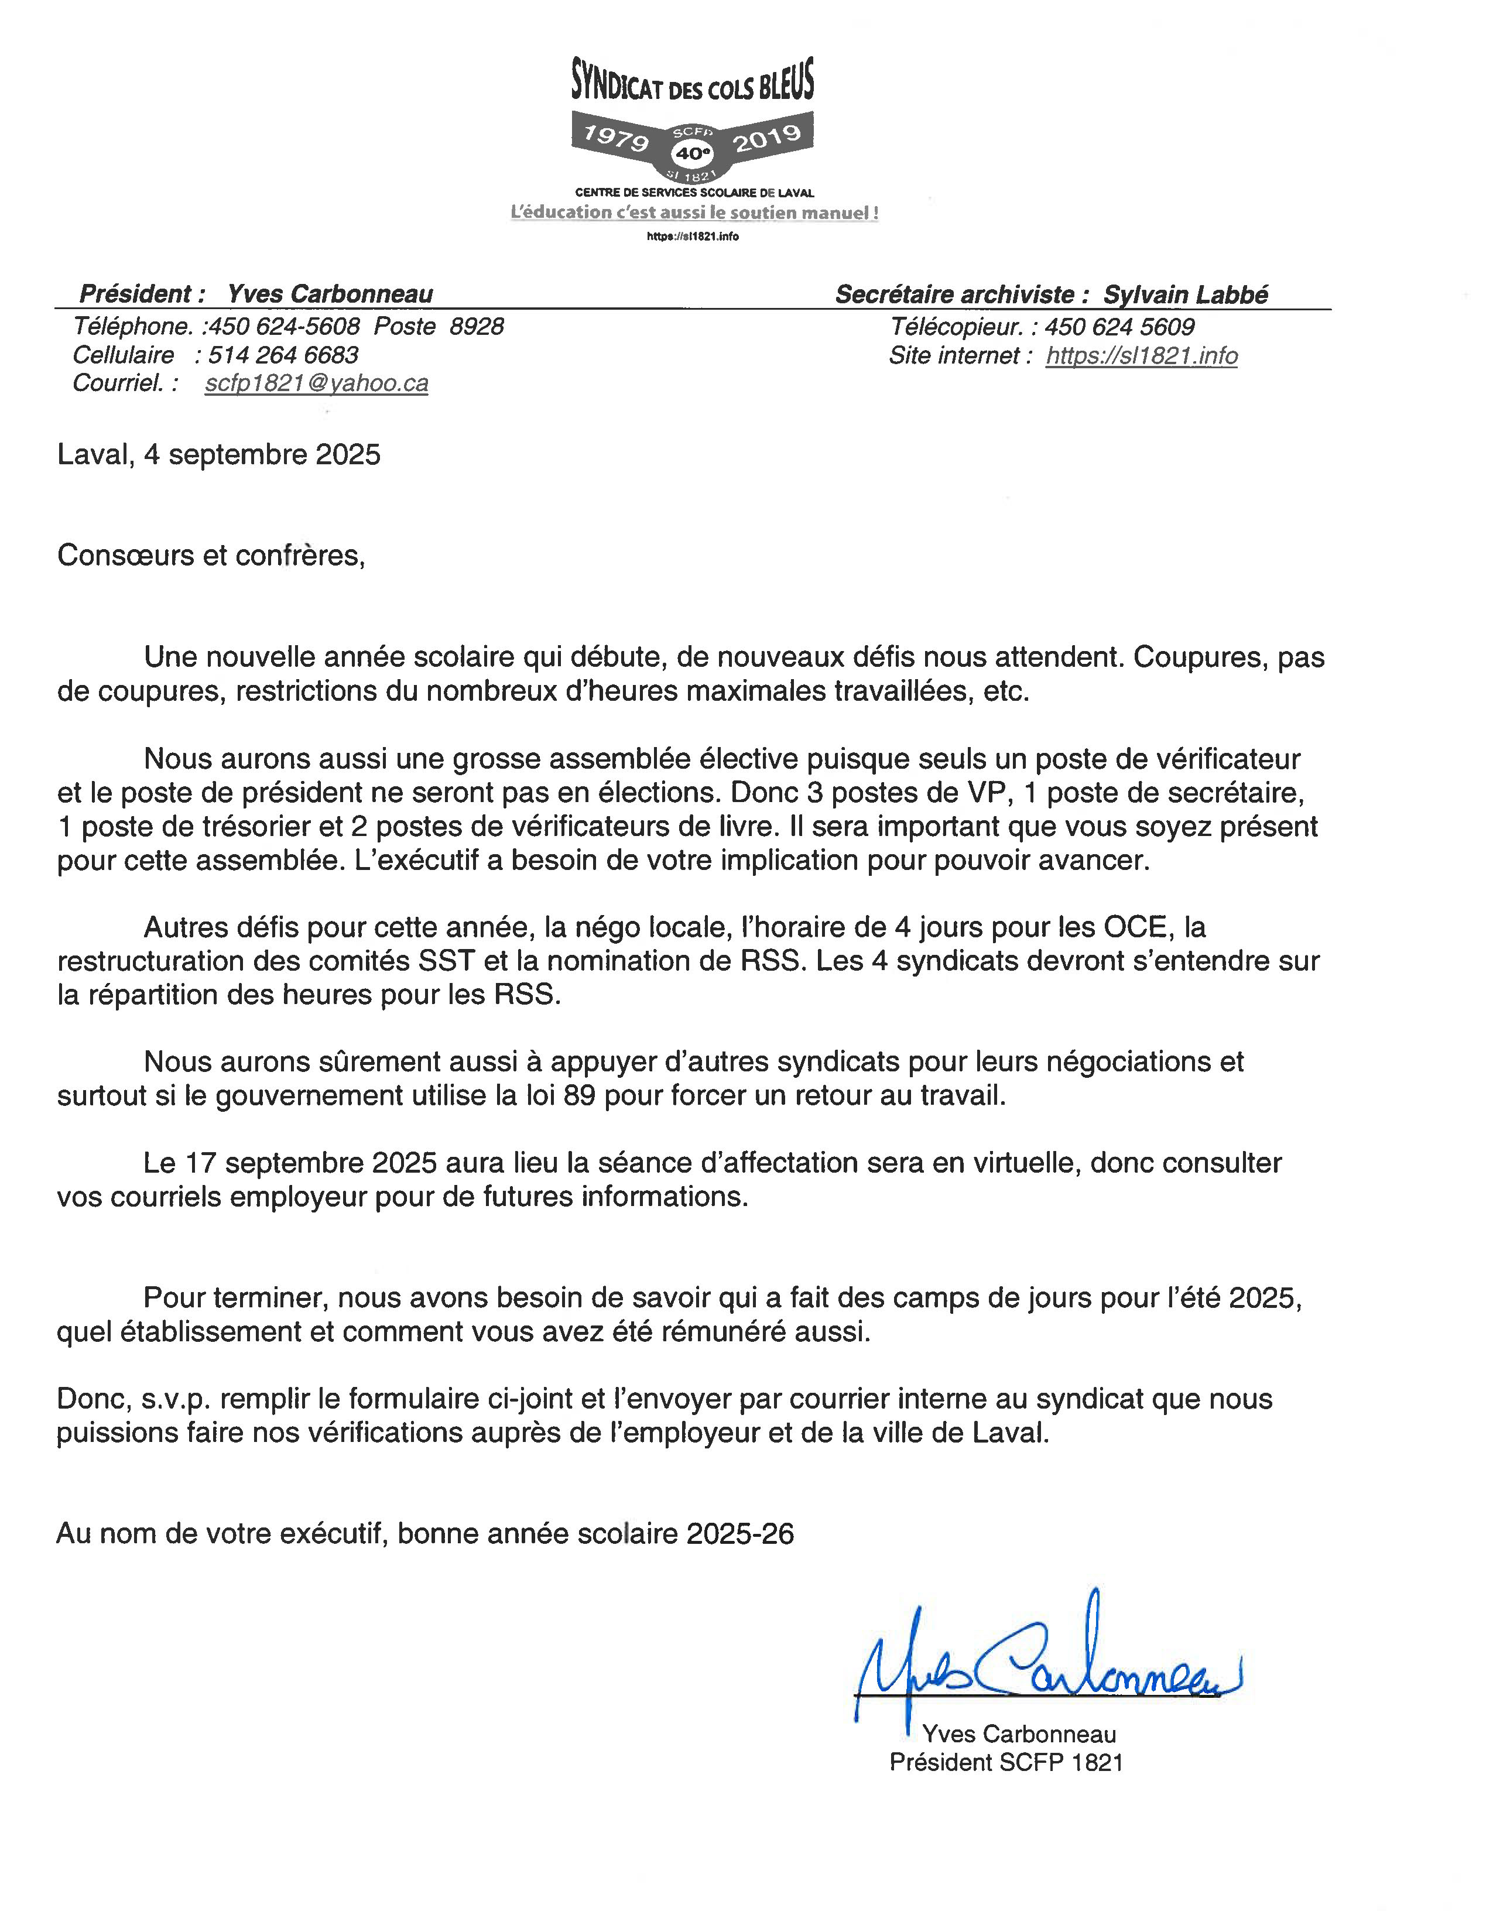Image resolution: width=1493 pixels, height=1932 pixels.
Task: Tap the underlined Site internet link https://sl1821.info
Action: coord(1141,355)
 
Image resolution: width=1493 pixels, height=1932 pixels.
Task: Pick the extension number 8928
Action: coord(476,327)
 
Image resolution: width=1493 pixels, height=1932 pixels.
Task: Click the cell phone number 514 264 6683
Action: coord(283,355)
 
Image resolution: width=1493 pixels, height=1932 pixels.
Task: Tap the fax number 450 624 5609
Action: coord(1119,327)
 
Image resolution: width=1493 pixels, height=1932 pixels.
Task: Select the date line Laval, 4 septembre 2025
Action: coord(218,455)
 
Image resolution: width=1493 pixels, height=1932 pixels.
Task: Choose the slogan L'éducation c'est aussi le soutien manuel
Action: coord(694,213)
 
